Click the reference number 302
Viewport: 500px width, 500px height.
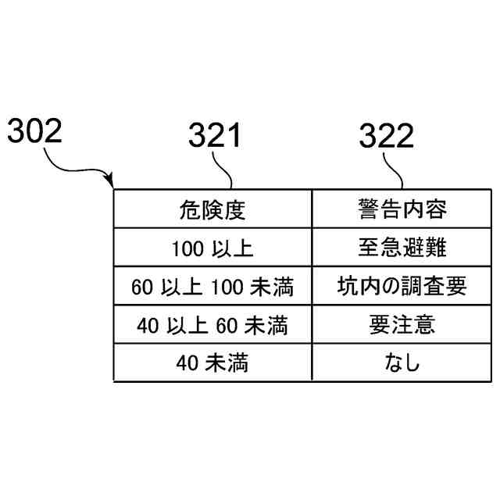[x=34, y=130]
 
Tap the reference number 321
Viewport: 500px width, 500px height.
[x=214, y=137]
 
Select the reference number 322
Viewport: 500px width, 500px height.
[x=386, y=137]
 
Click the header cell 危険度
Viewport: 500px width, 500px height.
[x=212, y=209]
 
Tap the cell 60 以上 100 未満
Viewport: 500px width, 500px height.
[x=212, y=286]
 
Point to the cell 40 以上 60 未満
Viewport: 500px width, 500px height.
[x=212, y=324]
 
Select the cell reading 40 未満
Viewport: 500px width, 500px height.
[x=212, y=362]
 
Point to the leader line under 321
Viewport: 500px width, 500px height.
[x=224, y=169]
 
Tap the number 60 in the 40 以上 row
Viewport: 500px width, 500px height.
[x=229, y=324]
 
